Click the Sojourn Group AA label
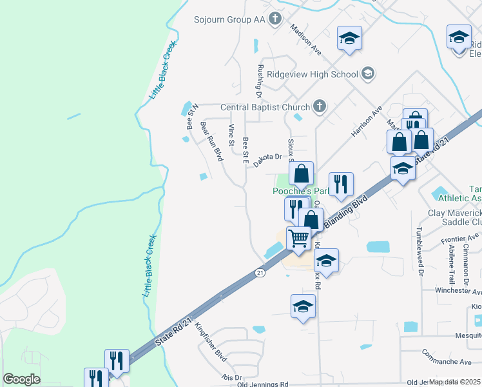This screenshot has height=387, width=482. (x=229, y=19)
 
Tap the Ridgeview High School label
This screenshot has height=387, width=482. (x=313, y=74)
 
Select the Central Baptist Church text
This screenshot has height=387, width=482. (x=265, y=107)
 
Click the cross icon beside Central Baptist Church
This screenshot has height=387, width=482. (x=319, y=106)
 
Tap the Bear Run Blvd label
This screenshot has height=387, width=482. (x=211, y=141)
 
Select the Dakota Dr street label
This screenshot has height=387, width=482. (x=267, y=161)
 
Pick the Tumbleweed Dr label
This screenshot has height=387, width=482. (x=419, y=252)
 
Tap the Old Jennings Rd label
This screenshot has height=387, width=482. (x=262, y=384)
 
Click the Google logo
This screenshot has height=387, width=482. (x=21, y=379)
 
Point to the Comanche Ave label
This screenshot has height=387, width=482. (x=443, y=353)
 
